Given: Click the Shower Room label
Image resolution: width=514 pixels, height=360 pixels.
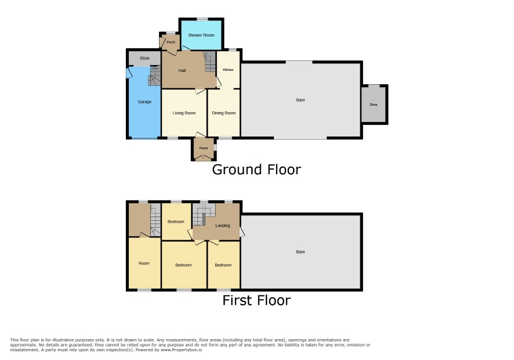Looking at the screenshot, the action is [201, 35].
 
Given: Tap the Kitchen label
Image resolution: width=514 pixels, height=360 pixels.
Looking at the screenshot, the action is [228, 70].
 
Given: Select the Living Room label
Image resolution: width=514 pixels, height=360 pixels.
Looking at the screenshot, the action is [184, 113].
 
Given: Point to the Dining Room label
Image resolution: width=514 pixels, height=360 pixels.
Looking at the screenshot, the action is [223, 113].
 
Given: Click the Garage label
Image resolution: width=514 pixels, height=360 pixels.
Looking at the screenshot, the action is [144, 102].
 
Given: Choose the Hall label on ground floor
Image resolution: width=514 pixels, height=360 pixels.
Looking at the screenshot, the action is [182, 71].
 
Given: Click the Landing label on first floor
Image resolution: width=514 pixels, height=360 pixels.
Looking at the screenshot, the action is [222, 225].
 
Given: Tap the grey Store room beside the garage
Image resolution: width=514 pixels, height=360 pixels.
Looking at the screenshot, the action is [144, 59].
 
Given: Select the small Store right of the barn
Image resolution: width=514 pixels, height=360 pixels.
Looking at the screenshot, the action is [374, 105].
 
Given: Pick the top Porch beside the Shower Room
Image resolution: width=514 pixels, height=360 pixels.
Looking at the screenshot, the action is [171, 42].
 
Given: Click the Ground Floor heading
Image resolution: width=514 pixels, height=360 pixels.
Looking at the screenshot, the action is [256, 170].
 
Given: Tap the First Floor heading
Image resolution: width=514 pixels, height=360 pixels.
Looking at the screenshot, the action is [256, 300].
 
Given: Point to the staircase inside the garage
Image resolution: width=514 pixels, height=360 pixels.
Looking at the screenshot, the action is [155, 76].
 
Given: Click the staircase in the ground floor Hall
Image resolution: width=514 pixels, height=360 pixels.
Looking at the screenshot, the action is [209, 62].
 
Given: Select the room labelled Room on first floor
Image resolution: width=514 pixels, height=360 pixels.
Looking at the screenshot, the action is [144, 263].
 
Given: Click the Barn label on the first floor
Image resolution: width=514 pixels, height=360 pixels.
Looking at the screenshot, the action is [301, 251].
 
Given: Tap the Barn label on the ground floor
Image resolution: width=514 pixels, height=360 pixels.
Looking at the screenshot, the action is [301, 100].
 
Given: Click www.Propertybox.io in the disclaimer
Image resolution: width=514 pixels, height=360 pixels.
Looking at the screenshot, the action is [181, 350].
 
